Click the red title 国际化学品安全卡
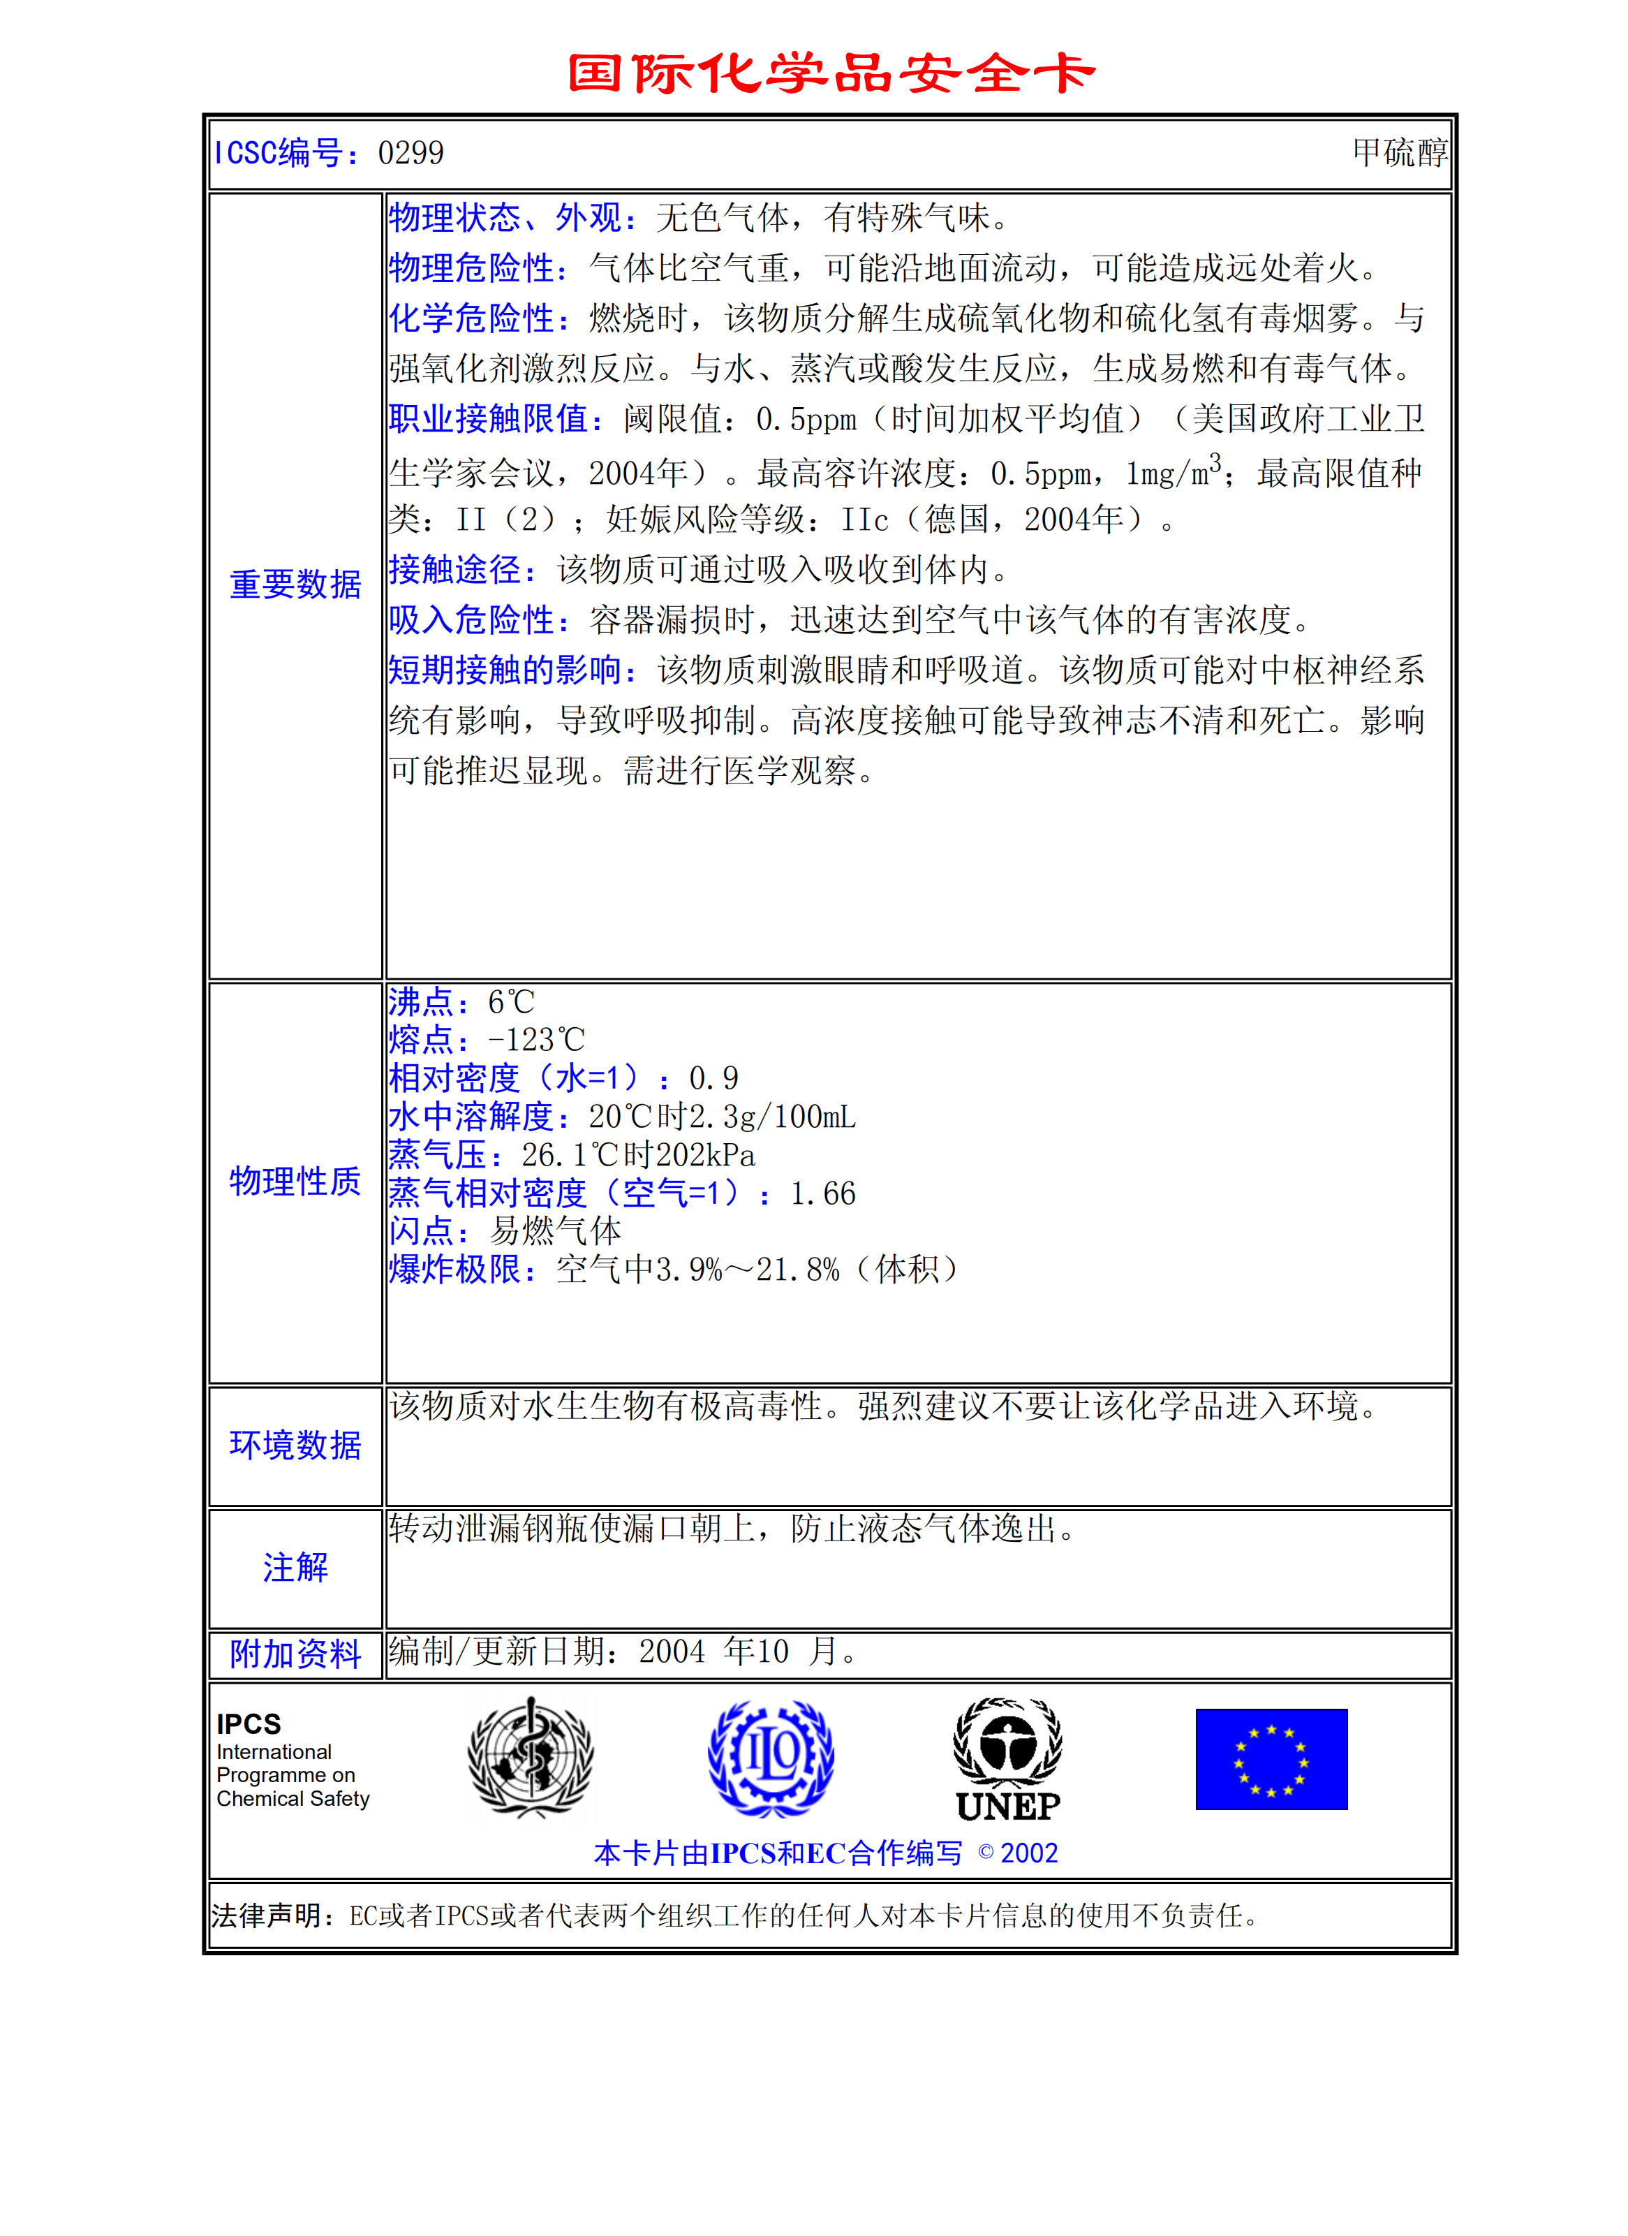click(x=831, y=74)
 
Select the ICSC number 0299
click(x=411, y=153)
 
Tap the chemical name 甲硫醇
click(x=1400, y=153)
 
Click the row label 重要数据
click(x=295, y=584)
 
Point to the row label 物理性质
click(x=295, y=1181)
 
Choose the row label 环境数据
click(x=295, y=1446)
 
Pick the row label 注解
click(x=295, y=1568)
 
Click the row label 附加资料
click(x=295, y=1654)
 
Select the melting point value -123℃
click(x=537, y=1040)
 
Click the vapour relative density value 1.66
click(x=823, y=1194)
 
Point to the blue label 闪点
click(x=422, y=1231)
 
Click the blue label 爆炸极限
click(x=455, y=1270)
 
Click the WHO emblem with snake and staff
click(x=531, y=1758)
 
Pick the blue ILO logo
click(x=771, y=1758)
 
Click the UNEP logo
click(x=1007, y=1760)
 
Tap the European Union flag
click(x=1271, y=1760)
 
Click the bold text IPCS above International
click(x=249, y=1724)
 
